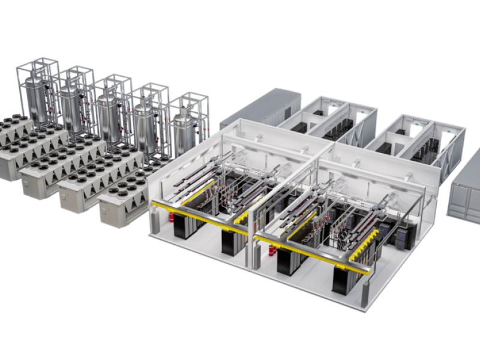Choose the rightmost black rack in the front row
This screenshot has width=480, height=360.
(x=344, y=278)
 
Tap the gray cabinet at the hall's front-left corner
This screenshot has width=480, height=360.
(x=155, y=221)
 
